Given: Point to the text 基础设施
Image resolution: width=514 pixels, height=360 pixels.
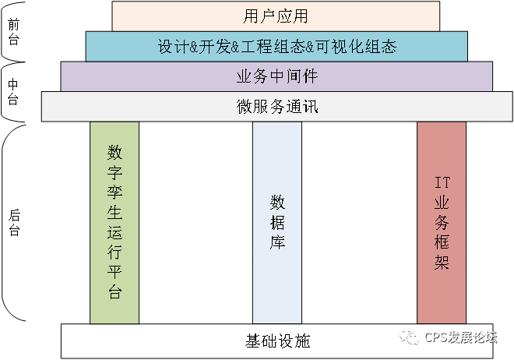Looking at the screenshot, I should coord(277,341).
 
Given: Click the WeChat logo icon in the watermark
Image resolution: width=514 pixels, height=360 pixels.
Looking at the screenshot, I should coord(407,337).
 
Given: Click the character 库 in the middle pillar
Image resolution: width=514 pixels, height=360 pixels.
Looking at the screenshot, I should coord(277,242).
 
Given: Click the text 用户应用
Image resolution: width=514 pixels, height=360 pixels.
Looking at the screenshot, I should coord(276,16).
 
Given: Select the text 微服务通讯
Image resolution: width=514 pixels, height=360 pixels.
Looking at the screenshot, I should coord(277,107).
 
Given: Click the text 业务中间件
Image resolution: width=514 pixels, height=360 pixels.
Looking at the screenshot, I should coord(276,76).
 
